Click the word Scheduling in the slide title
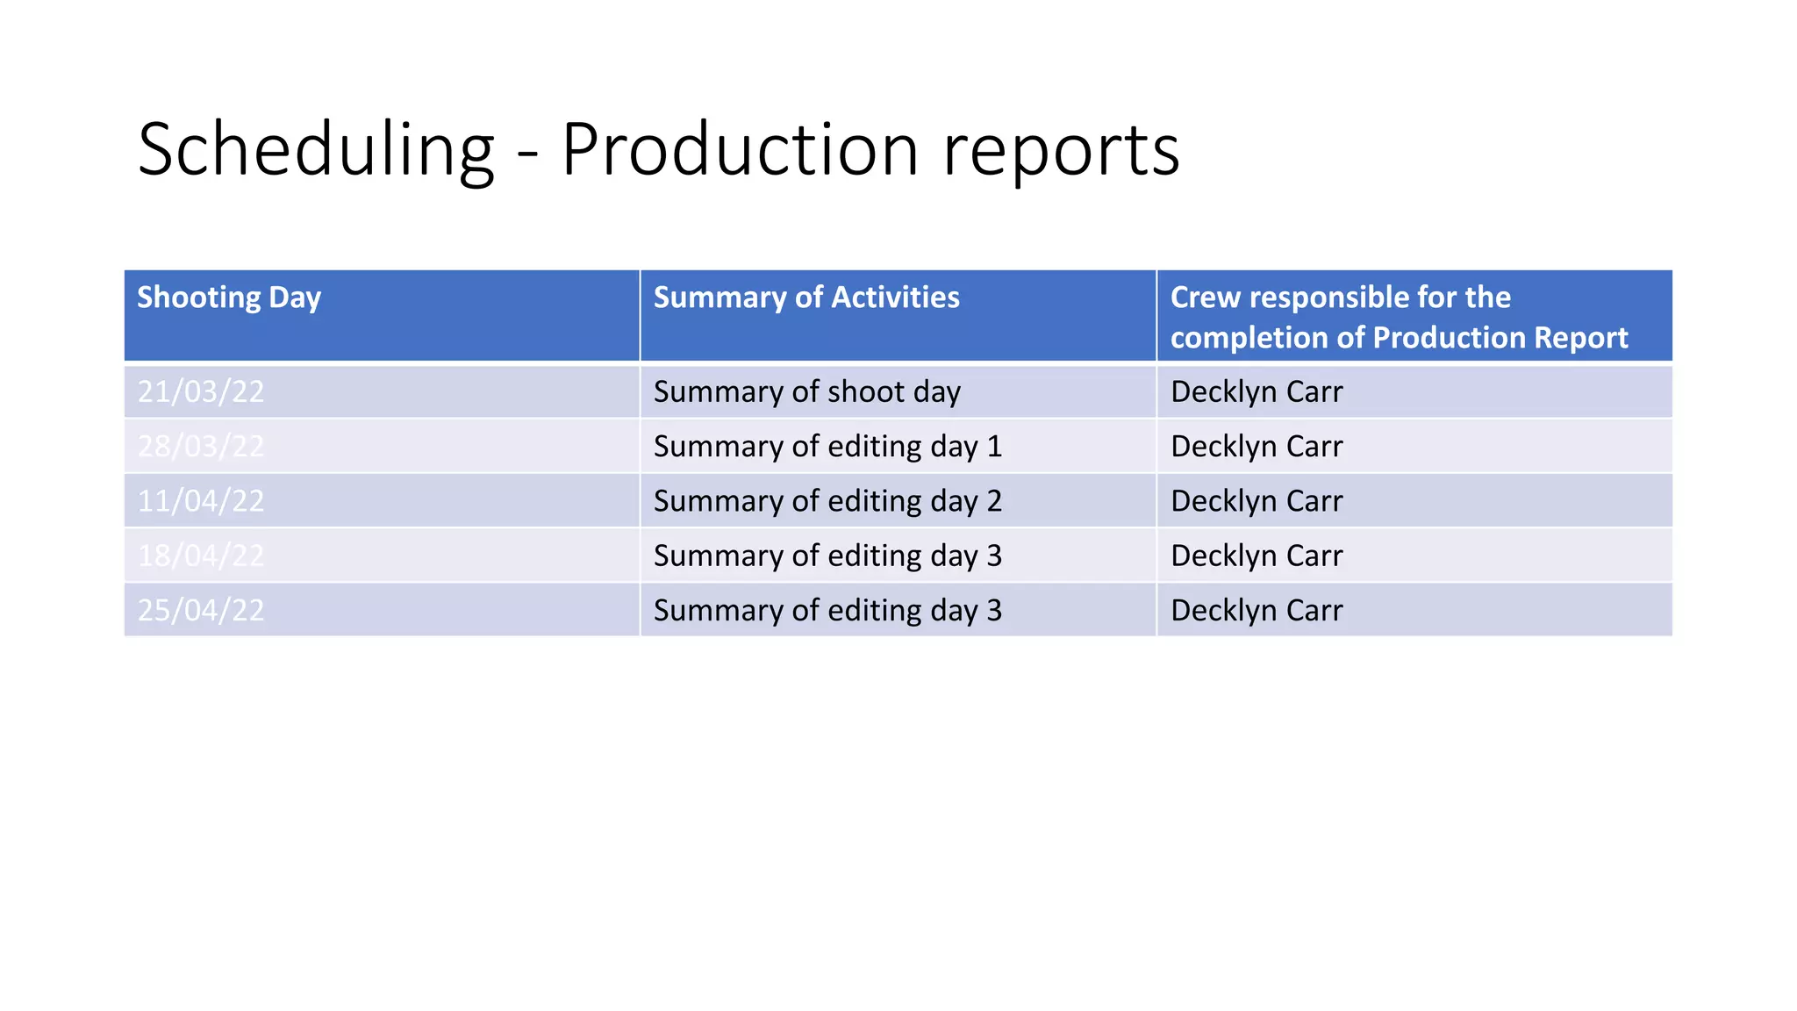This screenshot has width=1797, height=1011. tap(316, 151)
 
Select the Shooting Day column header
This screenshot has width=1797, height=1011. tap(229, 298)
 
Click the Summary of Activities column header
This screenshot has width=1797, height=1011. tap(806, 298)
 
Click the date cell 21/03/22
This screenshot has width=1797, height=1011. tap(201, 391)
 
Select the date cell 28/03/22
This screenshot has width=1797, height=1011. tap(201, 446)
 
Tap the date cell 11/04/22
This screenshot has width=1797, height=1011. tap(201, 501)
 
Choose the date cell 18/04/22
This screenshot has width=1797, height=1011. tap(201, 556)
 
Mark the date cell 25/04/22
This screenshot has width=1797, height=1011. tap(201, 610)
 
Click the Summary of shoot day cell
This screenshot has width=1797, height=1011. tap(806, 391)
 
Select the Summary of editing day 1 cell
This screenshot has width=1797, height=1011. tap(827, 446)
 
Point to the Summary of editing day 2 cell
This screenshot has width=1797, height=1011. tap(827, 501)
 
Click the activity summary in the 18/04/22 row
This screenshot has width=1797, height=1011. tap(827, 556)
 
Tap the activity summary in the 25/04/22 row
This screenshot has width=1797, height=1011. tap(827, 610)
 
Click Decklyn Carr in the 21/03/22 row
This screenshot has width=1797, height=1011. tap(1256, 391)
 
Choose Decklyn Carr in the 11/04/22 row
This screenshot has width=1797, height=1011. tap(1256, 501)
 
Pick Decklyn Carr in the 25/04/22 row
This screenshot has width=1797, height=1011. tap(1256, 610)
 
